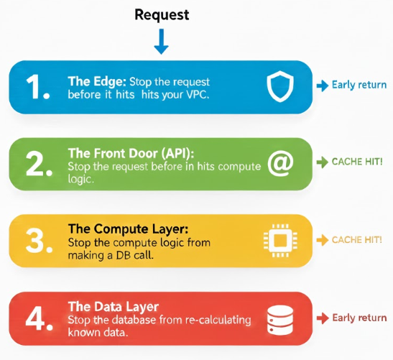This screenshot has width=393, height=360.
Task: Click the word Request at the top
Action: (x=162, y=15)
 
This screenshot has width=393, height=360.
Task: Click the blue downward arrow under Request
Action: (x=161, y=42)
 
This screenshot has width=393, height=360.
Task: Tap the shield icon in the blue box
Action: (x=280, y=86)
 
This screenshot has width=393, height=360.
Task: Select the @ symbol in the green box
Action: (x=280, y=164)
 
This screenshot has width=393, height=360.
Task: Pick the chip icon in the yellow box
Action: (x=280, y=241)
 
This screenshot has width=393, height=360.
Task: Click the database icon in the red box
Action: (x=280, y=320)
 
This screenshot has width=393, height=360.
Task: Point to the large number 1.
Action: (x=37, y=87)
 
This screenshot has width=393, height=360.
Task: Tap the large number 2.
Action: (x=39, y=164)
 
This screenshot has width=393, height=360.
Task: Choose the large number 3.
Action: (x=39, y=241)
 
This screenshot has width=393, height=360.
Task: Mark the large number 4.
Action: (x=39, y=318)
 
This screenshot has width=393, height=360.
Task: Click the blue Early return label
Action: (x=359, y=85)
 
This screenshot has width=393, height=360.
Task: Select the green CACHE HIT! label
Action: (x=357, y=162)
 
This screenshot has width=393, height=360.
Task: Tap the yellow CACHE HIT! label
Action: (x=357, y=240)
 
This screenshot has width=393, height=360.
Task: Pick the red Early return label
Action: (x=359, y=318)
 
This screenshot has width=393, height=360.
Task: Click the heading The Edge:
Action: (x=97, y=81)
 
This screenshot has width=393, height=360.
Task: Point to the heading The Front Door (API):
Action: (x=131, y=153)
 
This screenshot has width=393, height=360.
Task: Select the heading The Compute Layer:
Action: (x=128, y=229)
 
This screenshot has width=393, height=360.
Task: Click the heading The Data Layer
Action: (x=114, y=307)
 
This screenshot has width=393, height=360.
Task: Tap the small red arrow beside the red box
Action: (x=323, y=318)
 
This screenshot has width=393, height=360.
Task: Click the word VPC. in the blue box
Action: (x=198, y=95)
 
